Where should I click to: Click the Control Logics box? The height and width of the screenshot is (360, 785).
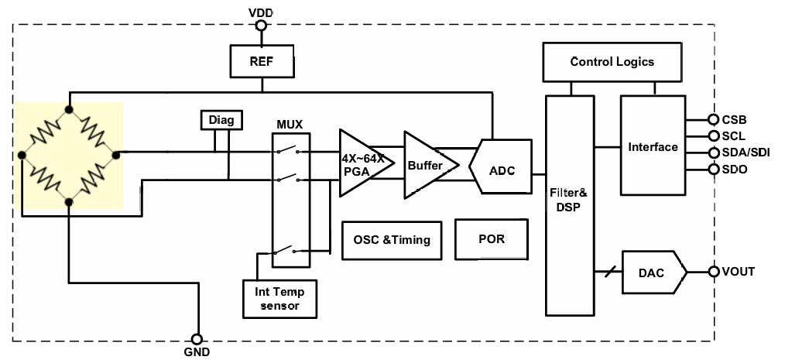click(x=612, y=62)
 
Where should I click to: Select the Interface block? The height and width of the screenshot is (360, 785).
click(x=653, y=146)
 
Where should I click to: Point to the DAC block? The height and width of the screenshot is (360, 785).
click(x=653, y=273)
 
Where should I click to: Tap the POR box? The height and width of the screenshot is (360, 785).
click(x=492, y=238)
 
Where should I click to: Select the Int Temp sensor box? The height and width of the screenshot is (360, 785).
click(x=279, y=298)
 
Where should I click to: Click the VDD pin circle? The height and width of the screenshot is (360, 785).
click(x=261, y=26)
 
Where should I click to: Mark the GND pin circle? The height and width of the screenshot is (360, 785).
click(x=197, y=339)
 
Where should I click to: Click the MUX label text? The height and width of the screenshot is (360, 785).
click(x=290, y=124)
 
